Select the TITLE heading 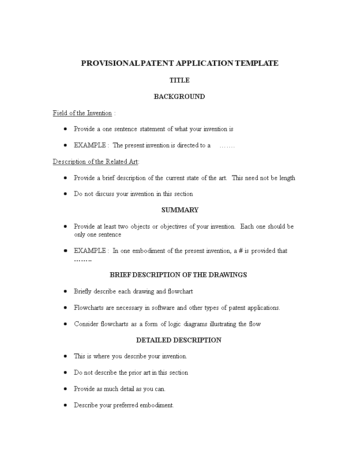[180, 80]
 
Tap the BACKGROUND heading [179, 96]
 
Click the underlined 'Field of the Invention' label [82, 113]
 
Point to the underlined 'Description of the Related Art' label [96, 162]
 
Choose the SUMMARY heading [180, 210]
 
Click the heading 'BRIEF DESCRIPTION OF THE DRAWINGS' [178, 275]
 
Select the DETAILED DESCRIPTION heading [179, 340]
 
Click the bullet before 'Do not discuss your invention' [65, 194]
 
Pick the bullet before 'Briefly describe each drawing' [65, 291]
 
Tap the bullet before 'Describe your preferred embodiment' [65, 405]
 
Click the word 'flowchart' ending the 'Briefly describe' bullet [180, 291]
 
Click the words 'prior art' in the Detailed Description [140, 372]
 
